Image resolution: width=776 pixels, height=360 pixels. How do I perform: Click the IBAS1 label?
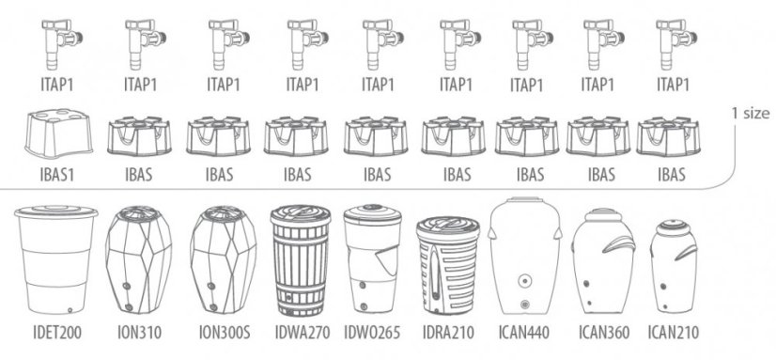point(56,174)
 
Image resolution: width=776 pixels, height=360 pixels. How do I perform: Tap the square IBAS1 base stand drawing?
point(58,133)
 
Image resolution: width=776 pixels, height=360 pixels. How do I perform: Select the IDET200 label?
point(57,332)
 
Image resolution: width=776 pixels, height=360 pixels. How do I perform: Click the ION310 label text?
point(140,332)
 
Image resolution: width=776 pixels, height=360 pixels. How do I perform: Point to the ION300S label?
point(225,332)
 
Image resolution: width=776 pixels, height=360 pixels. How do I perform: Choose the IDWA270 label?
point(303,332)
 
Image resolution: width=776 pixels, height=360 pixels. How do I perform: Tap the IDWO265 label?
point(372,332)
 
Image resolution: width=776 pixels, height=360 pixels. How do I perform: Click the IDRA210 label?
point(448,332)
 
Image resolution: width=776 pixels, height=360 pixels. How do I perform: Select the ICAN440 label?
point(524,332)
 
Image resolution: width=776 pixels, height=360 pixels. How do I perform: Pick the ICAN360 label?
point(604,332)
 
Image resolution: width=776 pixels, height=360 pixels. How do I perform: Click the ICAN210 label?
point(673,332)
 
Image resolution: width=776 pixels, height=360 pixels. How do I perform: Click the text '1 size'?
point(751,114)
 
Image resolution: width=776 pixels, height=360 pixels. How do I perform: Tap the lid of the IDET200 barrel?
point(56,211)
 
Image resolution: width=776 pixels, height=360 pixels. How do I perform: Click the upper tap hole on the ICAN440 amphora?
point(524,281)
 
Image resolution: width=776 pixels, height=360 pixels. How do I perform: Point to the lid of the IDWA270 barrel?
point(301,215)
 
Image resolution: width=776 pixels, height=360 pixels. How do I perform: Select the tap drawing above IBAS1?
point(62,44)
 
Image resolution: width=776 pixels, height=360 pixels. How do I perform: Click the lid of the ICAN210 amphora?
point(674,227)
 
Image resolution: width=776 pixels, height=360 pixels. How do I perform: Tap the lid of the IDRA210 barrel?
point(448,226)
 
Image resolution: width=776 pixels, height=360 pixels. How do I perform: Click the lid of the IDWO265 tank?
point(373,213)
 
